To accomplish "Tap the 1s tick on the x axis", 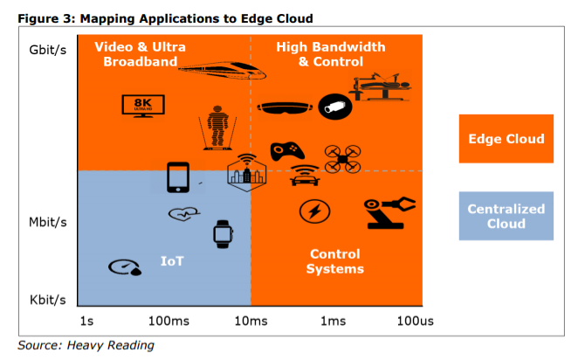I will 86,321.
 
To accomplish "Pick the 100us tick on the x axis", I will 415,321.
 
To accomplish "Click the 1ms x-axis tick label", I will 333,321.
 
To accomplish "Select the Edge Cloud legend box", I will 506,139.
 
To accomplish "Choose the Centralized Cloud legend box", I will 506,216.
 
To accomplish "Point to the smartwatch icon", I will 223,233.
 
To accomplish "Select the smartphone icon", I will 179,177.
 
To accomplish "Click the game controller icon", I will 286,150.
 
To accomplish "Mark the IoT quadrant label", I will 172,260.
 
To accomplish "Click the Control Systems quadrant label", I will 334,261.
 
